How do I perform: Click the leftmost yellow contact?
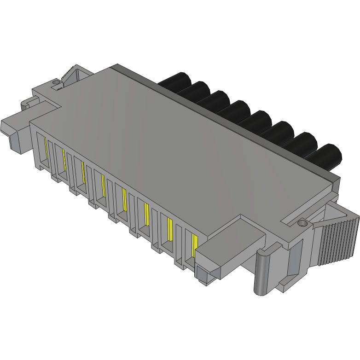(46, 147)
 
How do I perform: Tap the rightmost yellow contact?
(194, 245)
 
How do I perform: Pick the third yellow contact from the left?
(83, 171)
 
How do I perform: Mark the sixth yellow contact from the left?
(146, 214)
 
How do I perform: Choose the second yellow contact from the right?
(169, 229)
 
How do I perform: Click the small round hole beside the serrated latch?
(57, 82)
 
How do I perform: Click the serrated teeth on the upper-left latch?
(67, 74)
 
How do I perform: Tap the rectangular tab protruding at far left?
(14, 129)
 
